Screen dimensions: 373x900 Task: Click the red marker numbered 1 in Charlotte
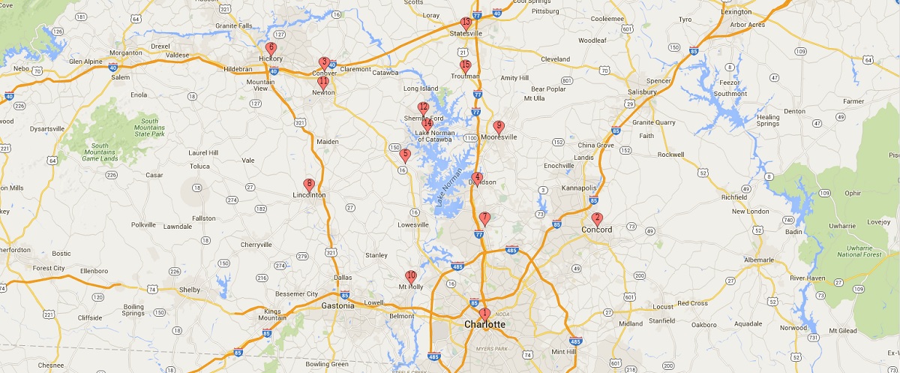coord(484,313)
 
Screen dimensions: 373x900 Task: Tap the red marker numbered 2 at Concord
coord(597,218)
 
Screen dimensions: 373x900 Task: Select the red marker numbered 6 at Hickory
coord(271,48)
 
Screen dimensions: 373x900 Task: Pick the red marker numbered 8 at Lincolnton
coord(308,185)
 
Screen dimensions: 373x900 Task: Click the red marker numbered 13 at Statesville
coord(466,23)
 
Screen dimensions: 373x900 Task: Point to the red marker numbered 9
coord(499,127)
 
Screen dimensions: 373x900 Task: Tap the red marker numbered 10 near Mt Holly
coord(410,276)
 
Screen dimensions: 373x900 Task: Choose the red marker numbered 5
coord(405,155)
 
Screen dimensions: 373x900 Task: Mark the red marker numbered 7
coord(484,218)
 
